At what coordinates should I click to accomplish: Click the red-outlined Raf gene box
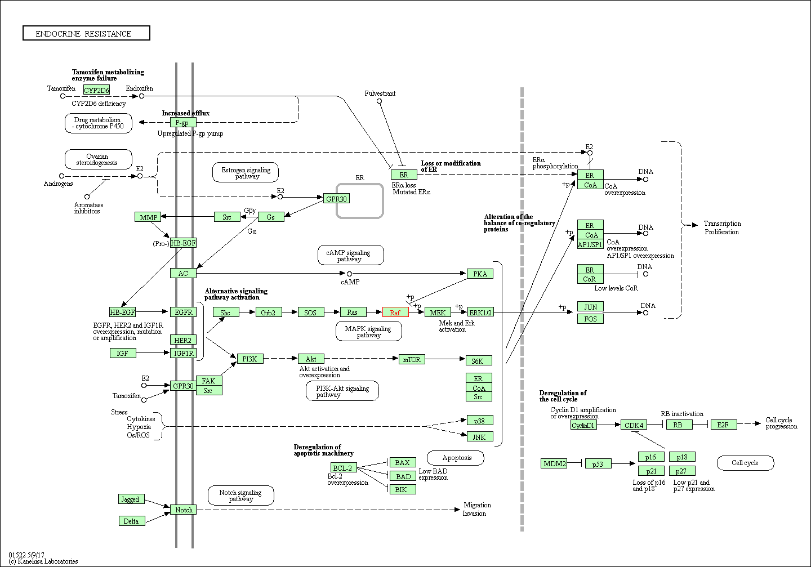[x=395, y=312]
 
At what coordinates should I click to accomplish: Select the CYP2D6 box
[x=96, y=90]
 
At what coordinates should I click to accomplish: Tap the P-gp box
[x=183, y=123]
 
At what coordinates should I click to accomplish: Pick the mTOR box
[x=412, y=359]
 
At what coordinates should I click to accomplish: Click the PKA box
[x=480, y=274]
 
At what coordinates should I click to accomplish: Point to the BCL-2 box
[x=343, y=468]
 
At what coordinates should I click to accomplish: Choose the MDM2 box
[x=554, y=463]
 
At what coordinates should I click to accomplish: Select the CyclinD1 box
[x=583, y=425]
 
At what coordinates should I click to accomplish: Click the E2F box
[x=723, y=425]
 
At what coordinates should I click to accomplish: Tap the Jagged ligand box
[x=131, y=499]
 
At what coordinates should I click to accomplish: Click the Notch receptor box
[x=184, y=510]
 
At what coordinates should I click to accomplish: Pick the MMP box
[x=148, y=217]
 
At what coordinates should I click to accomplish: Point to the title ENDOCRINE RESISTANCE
[x=86, y=34]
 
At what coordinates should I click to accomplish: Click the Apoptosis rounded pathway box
[x=456, y=458]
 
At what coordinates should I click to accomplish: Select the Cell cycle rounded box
[x=745, y=463]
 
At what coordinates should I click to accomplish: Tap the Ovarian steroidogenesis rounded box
[x=99, y=160]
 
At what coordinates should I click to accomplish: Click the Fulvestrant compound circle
[x=379, y=101]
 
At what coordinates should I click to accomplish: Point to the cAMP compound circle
[x=349, y=274]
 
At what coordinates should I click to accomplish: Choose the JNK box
[x=479, y=436]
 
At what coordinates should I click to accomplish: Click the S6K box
[x=478, y=361]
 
